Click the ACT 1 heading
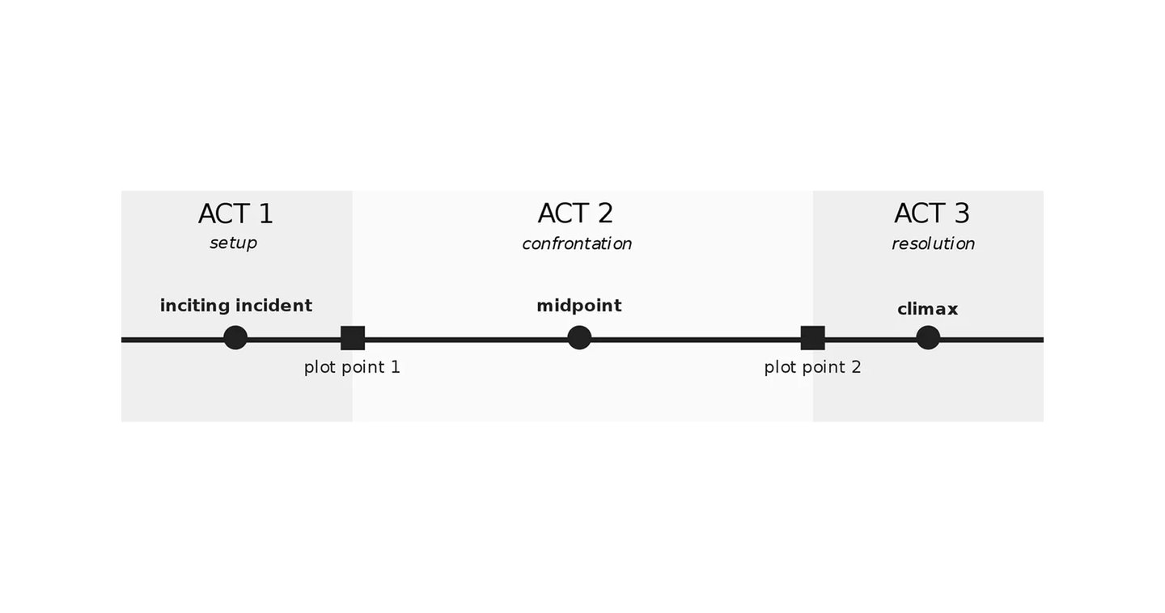point(235,213)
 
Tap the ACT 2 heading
point(575,213)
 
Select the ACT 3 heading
point(931,213)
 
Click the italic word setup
point(233,243)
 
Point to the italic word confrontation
point(577,243)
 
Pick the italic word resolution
point(933,243)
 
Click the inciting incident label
point(236,306)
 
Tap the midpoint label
point(579,306)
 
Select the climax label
point(927,310)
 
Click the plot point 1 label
point(352,368)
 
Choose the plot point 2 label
point(812,368)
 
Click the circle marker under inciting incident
point(235,338)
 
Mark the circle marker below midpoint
point(579,338)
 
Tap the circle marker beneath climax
point(928,338)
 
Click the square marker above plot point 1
point(353,338)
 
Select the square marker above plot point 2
point(812,338)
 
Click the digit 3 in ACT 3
point(962,213)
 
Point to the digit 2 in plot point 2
point(856,367)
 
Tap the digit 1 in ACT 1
point(265,213)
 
